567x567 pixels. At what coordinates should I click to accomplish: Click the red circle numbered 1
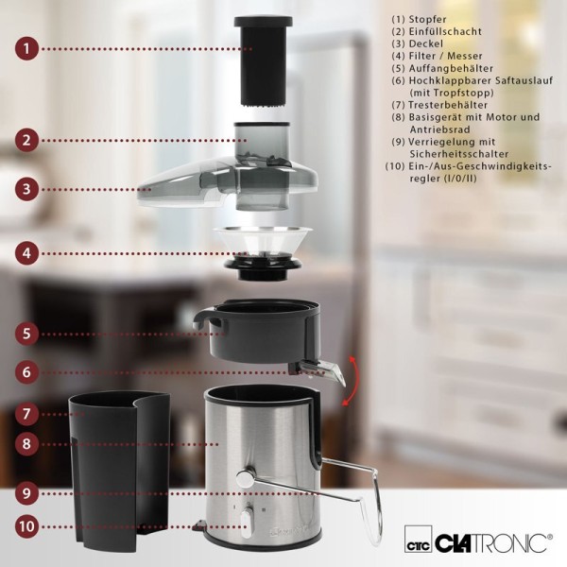[26, 48]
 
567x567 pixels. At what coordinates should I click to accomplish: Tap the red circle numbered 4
[26, 253]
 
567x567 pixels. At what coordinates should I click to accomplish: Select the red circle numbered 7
[26, 414]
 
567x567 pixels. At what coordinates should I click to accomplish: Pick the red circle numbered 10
[27, 526]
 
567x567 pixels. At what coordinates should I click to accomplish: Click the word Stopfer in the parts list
[427, 19]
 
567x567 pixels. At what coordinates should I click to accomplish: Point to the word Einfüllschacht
[445, 31]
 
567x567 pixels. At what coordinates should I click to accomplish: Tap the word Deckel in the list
[425, 43]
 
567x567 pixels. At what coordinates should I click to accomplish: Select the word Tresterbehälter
[448, 105]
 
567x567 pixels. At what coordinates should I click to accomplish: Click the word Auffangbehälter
[451, 68]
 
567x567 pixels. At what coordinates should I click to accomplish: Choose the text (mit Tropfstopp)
[452, 93]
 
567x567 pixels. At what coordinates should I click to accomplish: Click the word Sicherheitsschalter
[459, 154]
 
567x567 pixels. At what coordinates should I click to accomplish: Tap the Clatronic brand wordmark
[493, 542]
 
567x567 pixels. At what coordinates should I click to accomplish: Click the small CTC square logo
[419, 540]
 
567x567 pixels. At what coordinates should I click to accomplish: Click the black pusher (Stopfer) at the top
[263, 61]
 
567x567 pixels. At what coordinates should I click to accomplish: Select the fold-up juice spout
[318, 371]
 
